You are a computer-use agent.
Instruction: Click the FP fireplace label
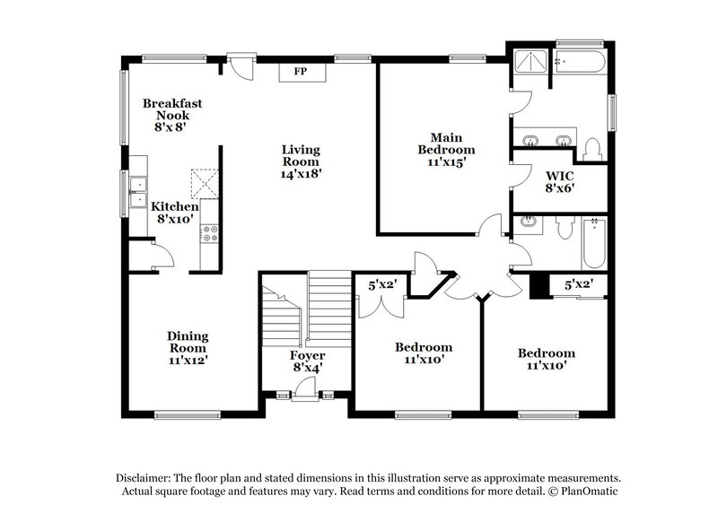301,72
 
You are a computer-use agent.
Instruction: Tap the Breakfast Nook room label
172,115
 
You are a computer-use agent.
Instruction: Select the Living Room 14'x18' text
301,161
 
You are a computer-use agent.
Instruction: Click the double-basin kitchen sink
138,191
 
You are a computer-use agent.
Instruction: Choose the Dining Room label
188,348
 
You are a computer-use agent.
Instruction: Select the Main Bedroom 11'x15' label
446,149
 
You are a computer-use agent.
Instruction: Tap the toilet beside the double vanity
591,148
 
